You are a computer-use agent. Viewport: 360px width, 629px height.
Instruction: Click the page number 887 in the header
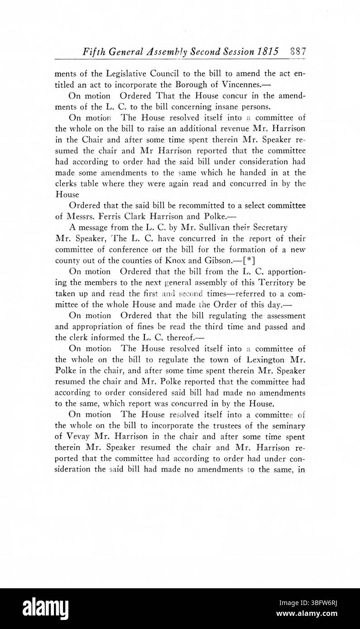coord(298,51)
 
